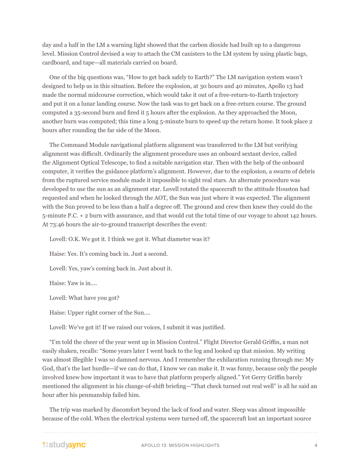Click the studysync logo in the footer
64,445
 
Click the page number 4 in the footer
316,445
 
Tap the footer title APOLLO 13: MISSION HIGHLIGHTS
180,445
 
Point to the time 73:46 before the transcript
57,225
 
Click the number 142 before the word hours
295,216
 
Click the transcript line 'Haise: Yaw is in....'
73,283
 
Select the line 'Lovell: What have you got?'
84,298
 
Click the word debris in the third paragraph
306,172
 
